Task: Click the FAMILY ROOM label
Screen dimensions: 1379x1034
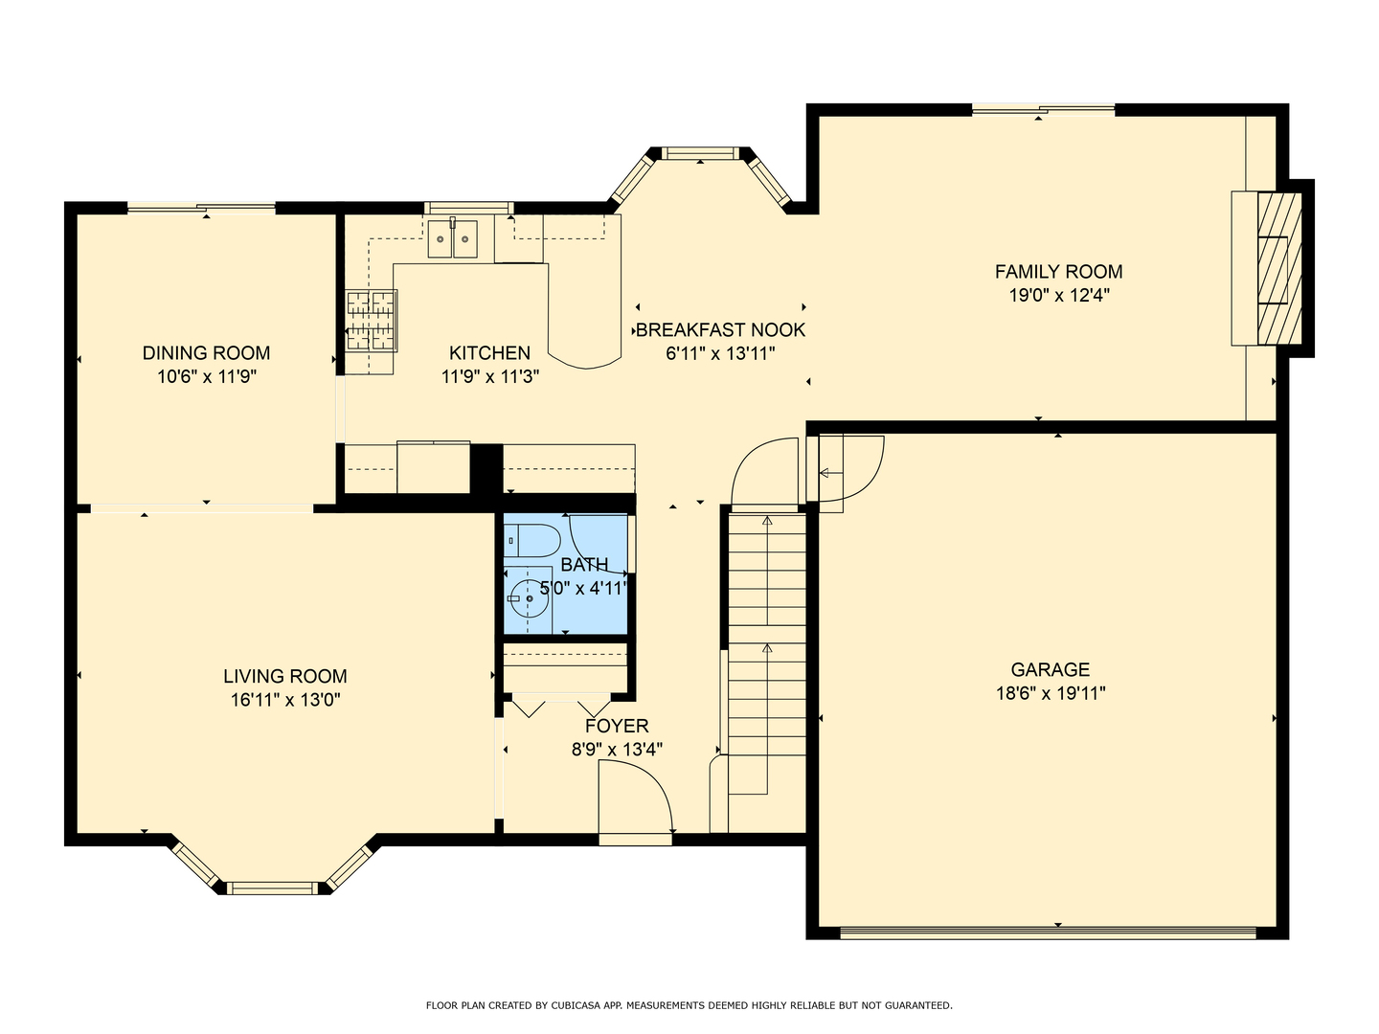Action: click(x=1058, y=272)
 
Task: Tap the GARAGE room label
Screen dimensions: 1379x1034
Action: click(x=1051, y=670)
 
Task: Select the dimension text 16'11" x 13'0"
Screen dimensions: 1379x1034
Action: click(x=285, y=699)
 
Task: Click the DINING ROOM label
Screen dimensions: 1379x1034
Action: click(x=206, y=353)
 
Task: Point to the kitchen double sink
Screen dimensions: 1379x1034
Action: click(x=452, y=238)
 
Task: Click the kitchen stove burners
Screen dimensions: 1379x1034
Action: click(x=371, y=320)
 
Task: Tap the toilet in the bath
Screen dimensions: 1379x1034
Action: click(x=531, y=541)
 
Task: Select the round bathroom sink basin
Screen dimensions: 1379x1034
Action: click(x=529, y=598)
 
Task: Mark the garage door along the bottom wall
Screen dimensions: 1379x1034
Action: click(x=1048, y=933)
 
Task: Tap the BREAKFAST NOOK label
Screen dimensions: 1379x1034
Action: click(x=720, y=330)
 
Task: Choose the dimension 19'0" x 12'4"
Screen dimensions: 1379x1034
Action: click(x=1059, y=295)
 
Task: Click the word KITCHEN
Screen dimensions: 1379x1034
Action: click(x=490, y=353)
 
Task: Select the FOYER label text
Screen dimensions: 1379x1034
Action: click(x=617, y=726)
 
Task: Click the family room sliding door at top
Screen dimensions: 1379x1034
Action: click(x=1044, y=110)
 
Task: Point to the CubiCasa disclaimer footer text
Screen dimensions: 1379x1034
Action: click(x=689, y=1005)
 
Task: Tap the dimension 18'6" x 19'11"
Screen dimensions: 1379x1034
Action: click(x=1051, y=693)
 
